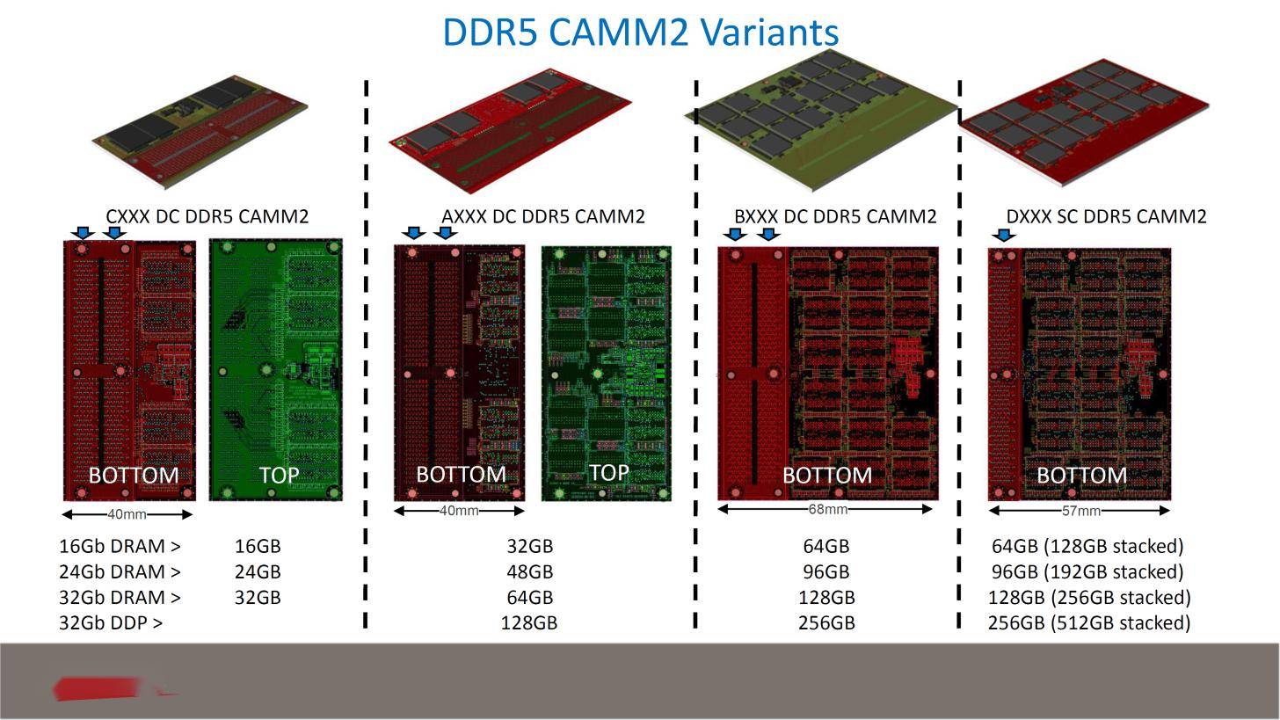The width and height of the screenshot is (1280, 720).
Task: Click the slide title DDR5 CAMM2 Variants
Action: (641, 32)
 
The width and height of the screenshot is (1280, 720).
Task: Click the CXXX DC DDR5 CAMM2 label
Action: (207, 216)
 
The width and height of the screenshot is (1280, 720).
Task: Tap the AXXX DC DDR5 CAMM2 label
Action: (543, 216)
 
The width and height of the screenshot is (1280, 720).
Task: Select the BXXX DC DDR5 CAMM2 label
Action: (835, 216)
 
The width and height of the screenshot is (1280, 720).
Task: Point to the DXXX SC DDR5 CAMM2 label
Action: (1106, 216)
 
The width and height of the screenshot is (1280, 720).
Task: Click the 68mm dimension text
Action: (827, 508)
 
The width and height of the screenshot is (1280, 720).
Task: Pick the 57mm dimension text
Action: (1081, 510)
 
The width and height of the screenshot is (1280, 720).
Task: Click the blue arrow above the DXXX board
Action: (1004, 235)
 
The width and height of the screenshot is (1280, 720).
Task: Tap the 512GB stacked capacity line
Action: (1089, 622)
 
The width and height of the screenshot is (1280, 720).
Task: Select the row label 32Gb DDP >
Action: (111, 622)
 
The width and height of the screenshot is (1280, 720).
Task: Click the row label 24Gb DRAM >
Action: (120, 571)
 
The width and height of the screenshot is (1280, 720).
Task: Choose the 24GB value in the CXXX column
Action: (258, 571)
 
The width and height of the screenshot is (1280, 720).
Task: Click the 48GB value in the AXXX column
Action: (530, 571)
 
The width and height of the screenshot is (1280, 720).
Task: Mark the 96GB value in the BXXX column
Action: (826, 571)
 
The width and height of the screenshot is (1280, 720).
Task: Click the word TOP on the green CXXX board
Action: (280, 475)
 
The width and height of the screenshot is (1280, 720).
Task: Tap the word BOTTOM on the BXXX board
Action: (827, 475)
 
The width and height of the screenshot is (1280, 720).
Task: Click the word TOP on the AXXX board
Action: (609, 473)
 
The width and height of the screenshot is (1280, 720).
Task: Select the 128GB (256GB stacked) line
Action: (1089, 597)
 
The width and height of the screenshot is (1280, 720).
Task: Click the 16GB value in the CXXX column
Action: (258, 546)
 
